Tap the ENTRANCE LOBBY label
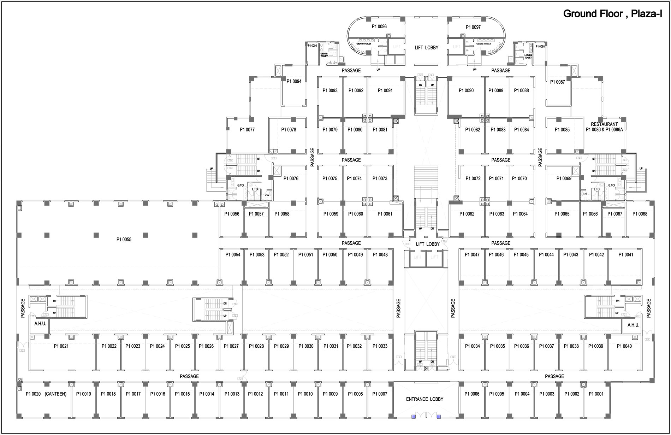click(424, 399)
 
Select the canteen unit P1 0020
click(46, 394)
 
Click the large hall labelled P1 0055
click(124, 240)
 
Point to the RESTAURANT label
click(604, 124)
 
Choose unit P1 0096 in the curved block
click(379, 27)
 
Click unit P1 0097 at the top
click(473, 27)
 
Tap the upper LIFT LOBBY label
click(426, 48)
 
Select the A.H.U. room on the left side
click(40, 324)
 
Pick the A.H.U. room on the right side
click(633, 325)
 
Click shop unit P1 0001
click(596, 394)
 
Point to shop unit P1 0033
click(380, 346)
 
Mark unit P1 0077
click(247, 130)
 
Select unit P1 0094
click(294, 82)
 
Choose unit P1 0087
click(558, 82)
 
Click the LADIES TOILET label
click(528, 57)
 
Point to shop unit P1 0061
click(385, 214)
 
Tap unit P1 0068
click(640, 214)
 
